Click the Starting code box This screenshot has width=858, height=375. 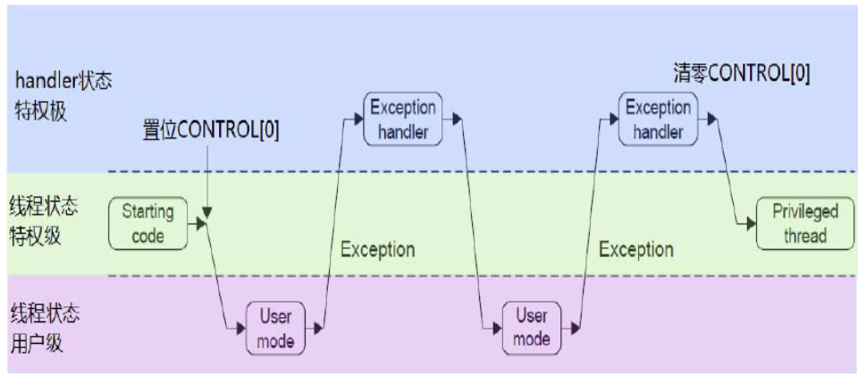point(147,224)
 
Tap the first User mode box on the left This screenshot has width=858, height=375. point(275,328)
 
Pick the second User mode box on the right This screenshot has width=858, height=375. point(531,328)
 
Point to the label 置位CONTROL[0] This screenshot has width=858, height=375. point(211,130)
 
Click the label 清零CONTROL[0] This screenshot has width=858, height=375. point(742,74)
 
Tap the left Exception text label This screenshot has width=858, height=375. point(377,249)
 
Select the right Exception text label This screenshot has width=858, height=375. point(635,249)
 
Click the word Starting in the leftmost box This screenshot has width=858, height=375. point(147,212)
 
